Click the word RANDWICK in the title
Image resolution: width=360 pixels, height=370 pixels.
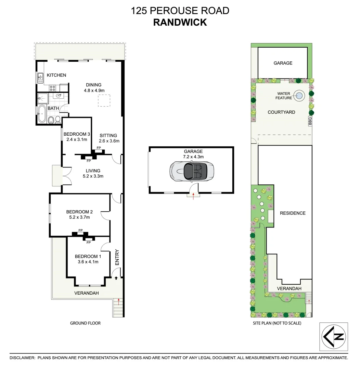(180, 22)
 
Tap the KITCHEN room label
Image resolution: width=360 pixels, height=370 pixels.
(56, 75)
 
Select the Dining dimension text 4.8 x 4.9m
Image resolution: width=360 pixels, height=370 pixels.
(94, 90)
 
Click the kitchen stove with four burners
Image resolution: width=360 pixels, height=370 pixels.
(53, 88)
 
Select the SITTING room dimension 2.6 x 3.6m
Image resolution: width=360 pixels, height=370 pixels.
(108, 141)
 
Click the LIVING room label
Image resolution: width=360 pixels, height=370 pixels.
(93, 171)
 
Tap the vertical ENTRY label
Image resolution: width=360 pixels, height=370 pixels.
(117, 257)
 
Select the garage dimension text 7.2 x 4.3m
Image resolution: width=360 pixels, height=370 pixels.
(193, 157)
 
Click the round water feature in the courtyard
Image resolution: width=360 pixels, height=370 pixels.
(299, 96)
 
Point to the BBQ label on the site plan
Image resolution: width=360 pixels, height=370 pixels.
(310, 121)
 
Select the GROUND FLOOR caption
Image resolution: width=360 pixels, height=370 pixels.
(85, 323)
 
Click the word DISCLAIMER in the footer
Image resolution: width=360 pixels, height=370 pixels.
(22, 358)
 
